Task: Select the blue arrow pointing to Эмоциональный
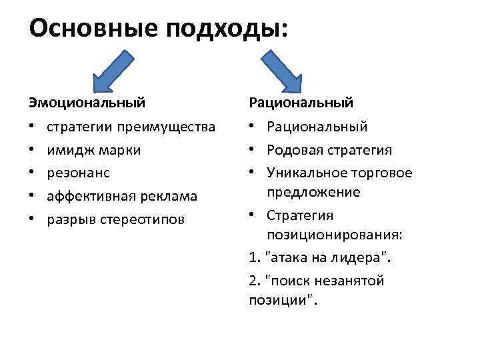pyautogui.click(x=109, y=71)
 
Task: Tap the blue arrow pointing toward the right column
pyautogui.click(x=279, y=71)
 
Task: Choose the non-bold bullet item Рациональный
pyautogui.click(x=317, y=127)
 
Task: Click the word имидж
pyautogui.click(x=65, y=150)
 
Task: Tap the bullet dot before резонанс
pyautogui.click(x=31, y=173)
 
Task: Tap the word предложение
pyautogui.click(x=313, y=193)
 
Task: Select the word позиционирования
pyautogui.click(x=328, y=235)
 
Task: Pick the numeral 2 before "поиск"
pyautogui.click(x=253, y=281)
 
